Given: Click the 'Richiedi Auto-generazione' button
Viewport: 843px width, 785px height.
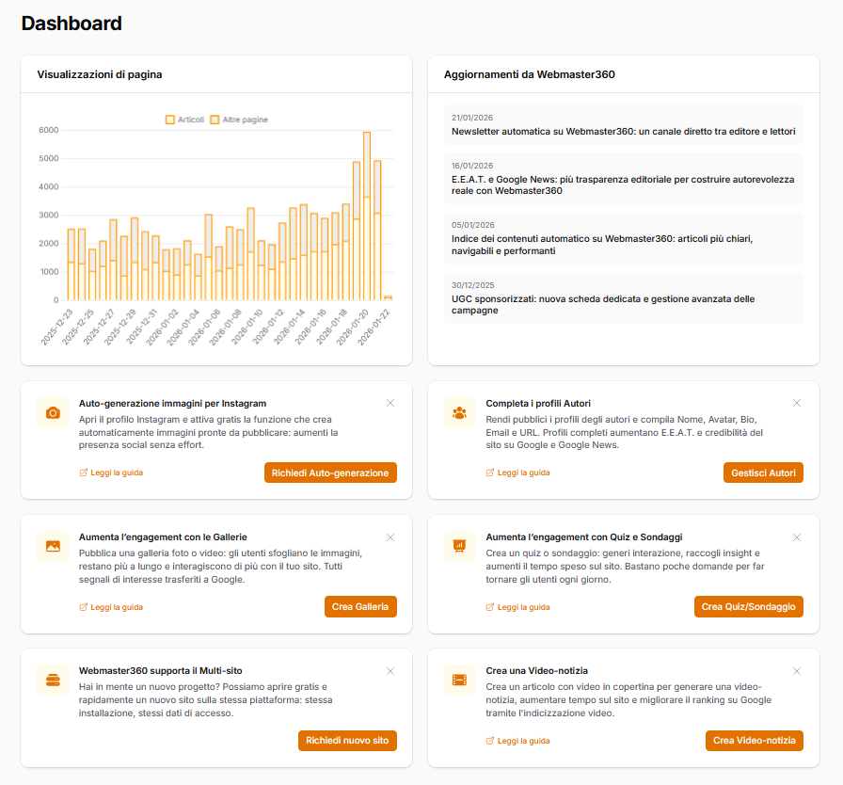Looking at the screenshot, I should [x=330, y=473].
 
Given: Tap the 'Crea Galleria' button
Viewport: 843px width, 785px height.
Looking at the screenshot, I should [x=360, y=607].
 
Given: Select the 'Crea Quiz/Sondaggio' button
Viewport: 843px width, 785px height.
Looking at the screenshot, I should [x=748, y=607].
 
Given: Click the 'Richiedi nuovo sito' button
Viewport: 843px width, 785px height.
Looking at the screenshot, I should [x=347, y=741].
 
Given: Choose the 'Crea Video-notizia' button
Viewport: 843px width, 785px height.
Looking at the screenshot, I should [x=754, y=741].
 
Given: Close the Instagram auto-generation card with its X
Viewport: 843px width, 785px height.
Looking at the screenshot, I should [x=390, y=403].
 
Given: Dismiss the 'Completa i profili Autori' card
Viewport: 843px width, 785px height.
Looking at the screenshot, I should [x=797, y=403].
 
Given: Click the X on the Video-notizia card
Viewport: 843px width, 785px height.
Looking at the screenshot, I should [x=797, y=671].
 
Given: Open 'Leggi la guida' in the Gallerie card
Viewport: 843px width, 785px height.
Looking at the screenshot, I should [x=112, y=607].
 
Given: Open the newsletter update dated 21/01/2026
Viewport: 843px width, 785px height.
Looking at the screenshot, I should [x=623, y=132].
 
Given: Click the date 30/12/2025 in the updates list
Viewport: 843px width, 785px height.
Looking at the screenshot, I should [x=472, y=285].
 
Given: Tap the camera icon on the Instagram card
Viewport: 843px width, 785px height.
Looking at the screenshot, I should [x=53, y=412].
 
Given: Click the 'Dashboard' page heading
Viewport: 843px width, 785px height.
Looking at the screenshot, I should [x=72, y=24].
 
